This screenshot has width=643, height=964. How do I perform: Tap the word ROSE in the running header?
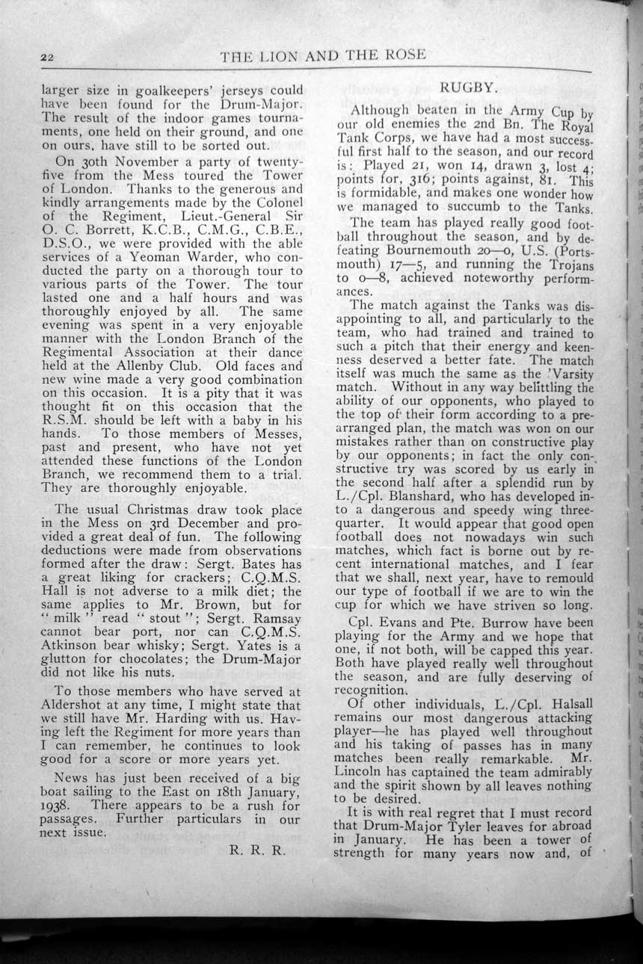point(402,55)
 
